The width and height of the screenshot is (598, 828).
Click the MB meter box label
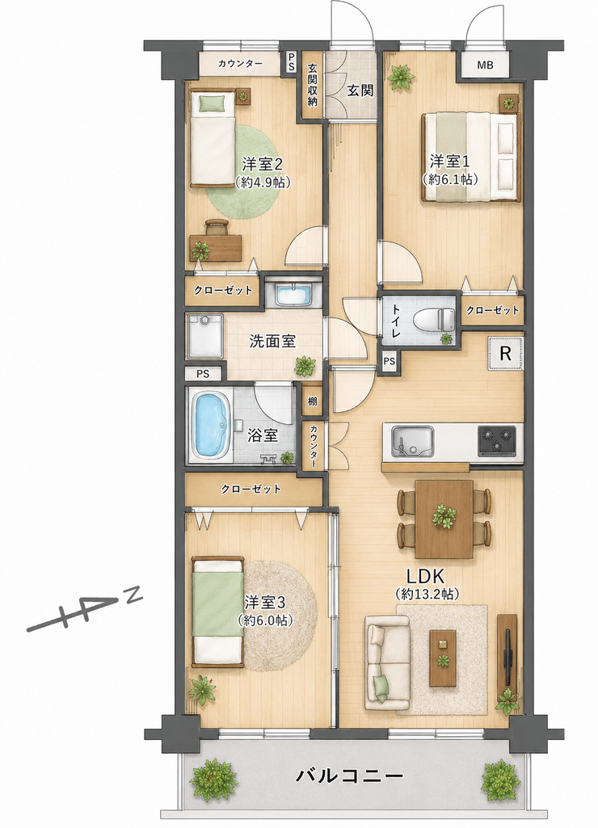(x=485, y=65)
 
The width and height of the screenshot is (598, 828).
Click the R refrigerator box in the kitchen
(x=506, y=353)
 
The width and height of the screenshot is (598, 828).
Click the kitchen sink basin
(x=412, y=441)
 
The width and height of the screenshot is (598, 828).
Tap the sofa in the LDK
(x=388, y=666)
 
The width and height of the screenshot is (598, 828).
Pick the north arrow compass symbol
(x=85, y=611)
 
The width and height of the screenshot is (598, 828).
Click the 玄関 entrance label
(x=360, y=90)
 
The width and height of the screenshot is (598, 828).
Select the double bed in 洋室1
(x=471, y=158)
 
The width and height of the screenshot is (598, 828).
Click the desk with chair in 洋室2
(x=216, y=241)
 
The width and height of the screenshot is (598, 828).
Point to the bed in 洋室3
(x=217, y=610)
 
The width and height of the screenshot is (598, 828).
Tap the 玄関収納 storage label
(x=313, y=85)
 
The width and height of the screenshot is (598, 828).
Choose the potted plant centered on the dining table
(x=444, y=517)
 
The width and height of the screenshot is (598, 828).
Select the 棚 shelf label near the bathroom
(x=312, y=401)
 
